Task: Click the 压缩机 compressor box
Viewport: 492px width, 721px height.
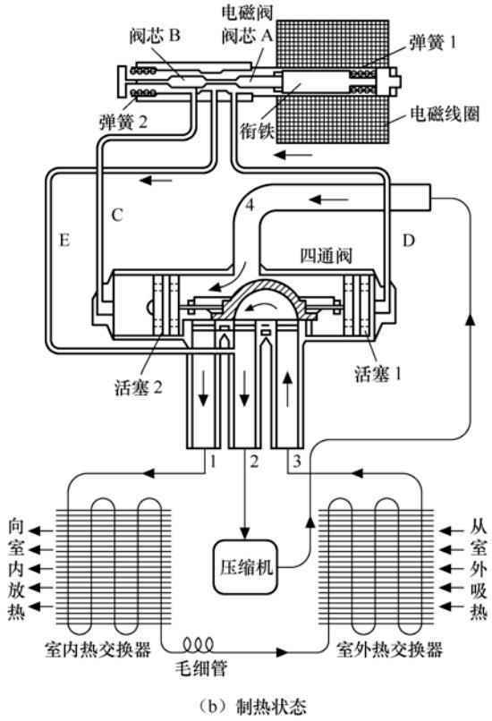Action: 246,567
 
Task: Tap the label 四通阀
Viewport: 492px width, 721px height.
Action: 326,256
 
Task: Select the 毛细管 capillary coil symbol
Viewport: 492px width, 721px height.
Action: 199,644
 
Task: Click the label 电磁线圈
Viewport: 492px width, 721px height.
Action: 445,115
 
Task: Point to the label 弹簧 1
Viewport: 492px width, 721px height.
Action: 432,43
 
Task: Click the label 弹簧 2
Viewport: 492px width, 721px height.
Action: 123,122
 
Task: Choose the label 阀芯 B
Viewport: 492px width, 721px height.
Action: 155,36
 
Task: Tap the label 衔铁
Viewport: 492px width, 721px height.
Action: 257,131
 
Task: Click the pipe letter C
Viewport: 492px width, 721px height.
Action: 117,215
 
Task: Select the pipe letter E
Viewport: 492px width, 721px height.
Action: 64,240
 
